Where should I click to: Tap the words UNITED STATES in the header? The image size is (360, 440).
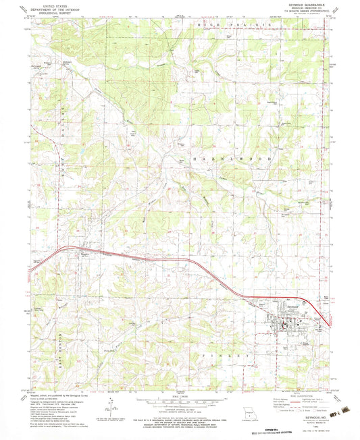[56, 5]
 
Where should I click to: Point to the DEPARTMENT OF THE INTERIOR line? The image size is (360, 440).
[56, 8]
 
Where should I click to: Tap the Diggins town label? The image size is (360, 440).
[84, 254]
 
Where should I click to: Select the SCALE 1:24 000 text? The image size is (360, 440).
[179, 395]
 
